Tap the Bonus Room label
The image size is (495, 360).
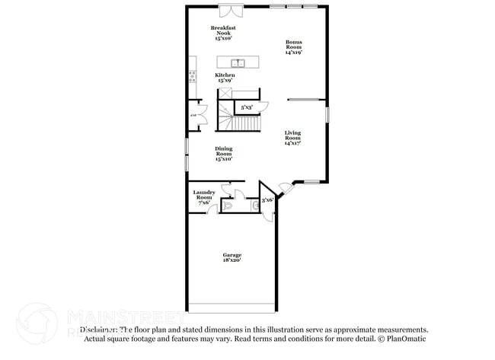tap(294, 46)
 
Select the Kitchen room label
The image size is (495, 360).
tap(224, 78)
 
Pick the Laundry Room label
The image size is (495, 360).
tap(204, 197)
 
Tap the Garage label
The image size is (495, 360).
tap(232, 257)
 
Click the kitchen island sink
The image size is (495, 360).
tap(236, 62)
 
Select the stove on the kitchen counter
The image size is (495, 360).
tap(191, 75)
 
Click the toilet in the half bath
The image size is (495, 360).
tap(228, 205)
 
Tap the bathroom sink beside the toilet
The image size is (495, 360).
tap(254, 205)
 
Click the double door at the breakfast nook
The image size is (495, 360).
tap(230, 10)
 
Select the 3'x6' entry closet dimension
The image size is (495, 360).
tap(267, 200)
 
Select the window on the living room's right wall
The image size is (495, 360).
tap(327, 114)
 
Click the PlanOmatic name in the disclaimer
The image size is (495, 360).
tap(407, 338)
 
